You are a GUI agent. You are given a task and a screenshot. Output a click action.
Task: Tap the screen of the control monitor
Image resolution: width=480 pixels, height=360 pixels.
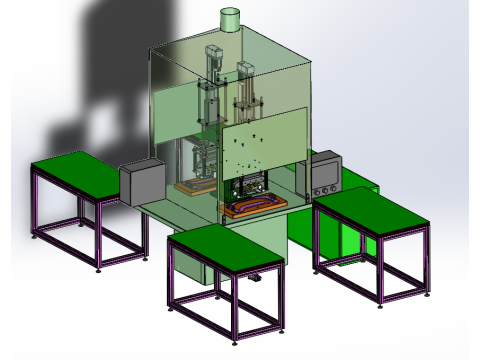tap(324, 171)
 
